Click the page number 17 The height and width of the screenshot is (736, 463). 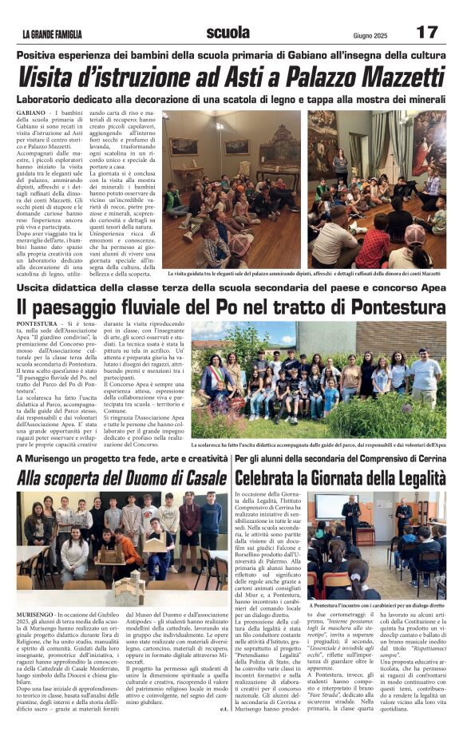[x=428, y=32]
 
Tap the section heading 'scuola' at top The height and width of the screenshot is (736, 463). [x=227, y=32]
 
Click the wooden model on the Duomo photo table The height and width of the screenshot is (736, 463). [x=128, y=587]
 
